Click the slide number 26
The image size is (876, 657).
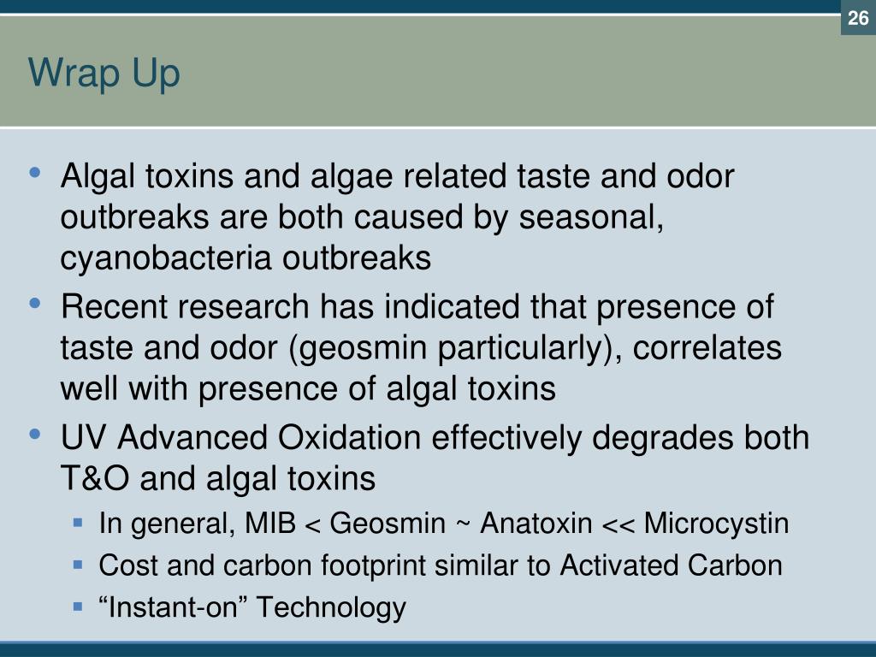click(x=858, y=18)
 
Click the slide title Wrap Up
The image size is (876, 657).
click(x=104, y=74)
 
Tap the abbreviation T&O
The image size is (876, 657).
click(x=94, y=478)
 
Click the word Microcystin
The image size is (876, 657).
click(x=717, y=523)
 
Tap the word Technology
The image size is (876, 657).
click(x=332, y=608)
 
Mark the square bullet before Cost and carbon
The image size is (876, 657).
click(x=78, y=565)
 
